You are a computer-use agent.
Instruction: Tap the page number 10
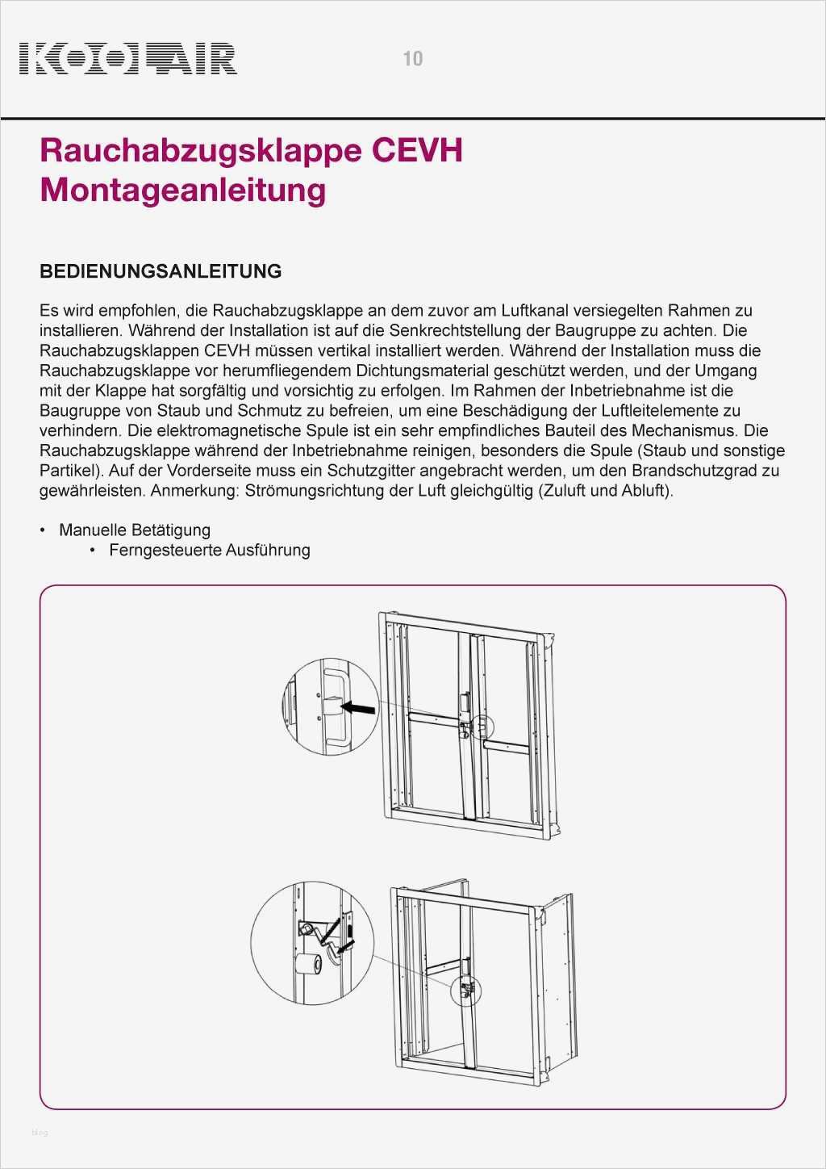tap(412, 58)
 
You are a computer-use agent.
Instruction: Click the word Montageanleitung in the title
tap(183, 190)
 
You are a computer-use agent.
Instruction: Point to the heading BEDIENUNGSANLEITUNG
tap(161, 271)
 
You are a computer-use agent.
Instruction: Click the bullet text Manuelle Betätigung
tap(134, 530)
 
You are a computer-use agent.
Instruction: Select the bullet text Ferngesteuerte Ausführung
tap(210, 551)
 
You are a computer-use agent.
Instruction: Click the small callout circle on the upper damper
tap(481, 727)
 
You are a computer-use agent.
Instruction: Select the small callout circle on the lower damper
tap(466, 990)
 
